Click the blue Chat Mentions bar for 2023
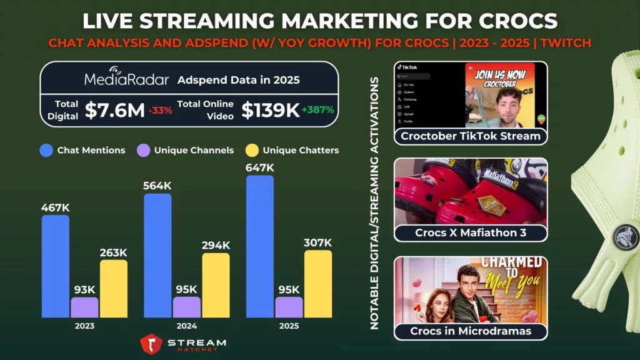(x=56, y=266)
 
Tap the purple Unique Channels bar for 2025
(x=289, y=307)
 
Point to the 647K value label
(x=259, y=167)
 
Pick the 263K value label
(x=113, y=252)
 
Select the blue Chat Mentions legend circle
(x=46, y=150)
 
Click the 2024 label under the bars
(x=186, y=326)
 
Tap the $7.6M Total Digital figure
(x=114, y=110)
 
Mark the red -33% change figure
(x=161, y=111)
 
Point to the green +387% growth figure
(x=318, y=110)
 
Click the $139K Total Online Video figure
(x=271, y=110)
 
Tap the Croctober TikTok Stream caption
(x=471, y=136)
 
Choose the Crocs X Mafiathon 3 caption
(x=471, y=233)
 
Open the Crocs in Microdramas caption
(x=471, y=331)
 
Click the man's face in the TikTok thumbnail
(x=511, y=100)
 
